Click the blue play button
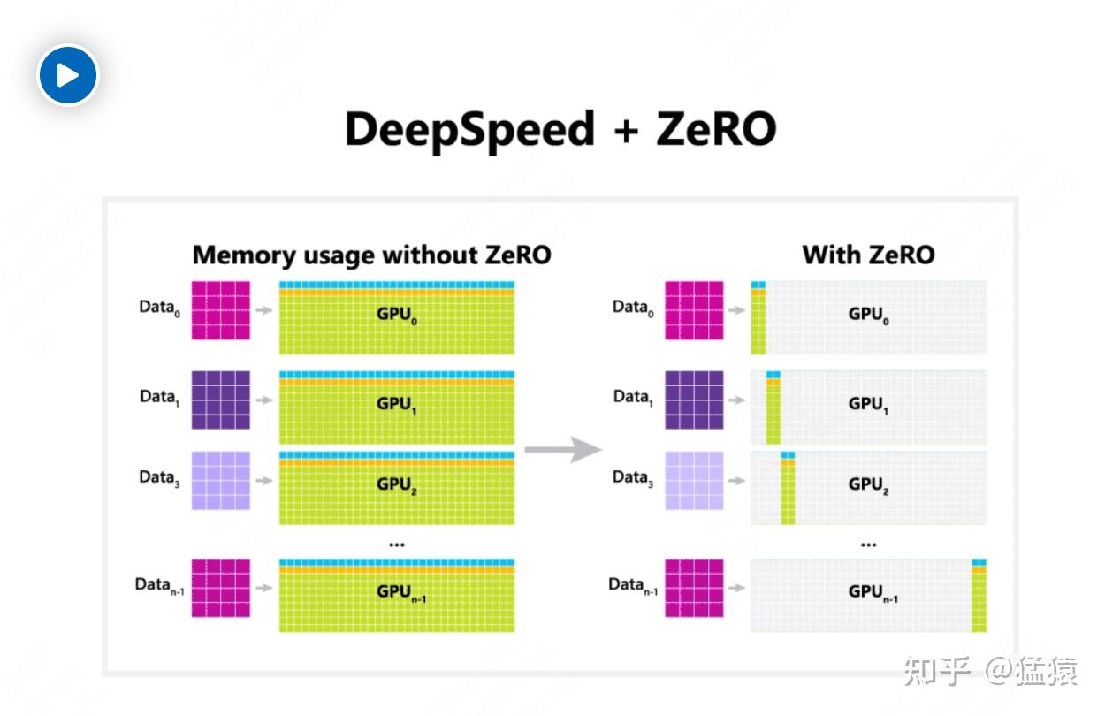(67, 75)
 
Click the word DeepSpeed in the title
(469, 130)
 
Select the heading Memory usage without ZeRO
(371, 255)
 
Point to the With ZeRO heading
(868, 255)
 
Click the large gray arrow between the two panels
(563, 449)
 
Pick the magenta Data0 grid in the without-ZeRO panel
(221, 310)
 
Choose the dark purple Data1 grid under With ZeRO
(694, 400)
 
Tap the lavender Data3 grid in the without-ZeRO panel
(221, 480)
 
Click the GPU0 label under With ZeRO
(868, 315)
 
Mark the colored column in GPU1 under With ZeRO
(773, 408)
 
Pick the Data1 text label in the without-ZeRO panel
(160, 398)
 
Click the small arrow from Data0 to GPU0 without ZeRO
(264, 310)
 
